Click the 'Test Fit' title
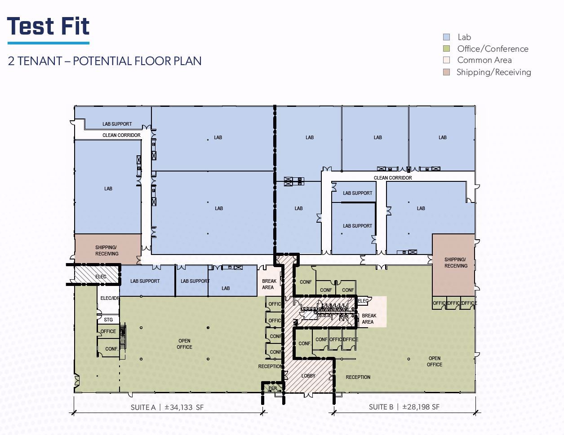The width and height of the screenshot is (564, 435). (48, 26)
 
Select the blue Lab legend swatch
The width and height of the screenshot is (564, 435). (446, 37)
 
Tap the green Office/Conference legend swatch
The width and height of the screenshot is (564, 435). (446, 48)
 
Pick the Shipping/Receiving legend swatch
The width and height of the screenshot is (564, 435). (446, 72)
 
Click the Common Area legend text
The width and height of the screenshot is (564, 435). (484, 60)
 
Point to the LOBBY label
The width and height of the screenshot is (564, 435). (308, 376)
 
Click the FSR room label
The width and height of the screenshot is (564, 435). (272, 388)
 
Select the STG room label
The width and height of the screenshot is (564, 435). (108, 320)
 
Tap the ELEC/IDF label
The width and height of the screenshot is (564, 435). (110, 298)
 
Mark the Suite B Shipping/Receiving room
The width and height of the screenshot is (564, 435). (453, 265)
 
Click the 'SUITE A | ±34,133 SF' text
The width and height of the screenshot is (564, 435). (167, 408)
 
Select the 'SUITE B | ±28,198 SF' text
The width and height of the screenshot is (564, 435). (404, 407)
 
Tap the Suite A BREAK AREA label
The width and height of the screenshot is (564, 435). (269, 284)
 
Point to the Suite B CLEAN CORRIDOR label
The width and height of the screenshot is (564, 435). (393, 178)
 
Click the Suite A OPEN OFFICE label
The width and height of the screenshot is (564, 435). (184, 344)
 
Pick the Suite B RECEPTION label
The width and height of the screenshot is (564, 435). (358, 377)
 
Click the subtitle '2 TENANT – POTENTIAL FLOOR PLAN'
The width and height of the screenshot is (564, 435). (105, 61)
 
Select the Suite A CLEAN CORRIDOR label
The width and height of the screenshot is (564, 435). (121, 135)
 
